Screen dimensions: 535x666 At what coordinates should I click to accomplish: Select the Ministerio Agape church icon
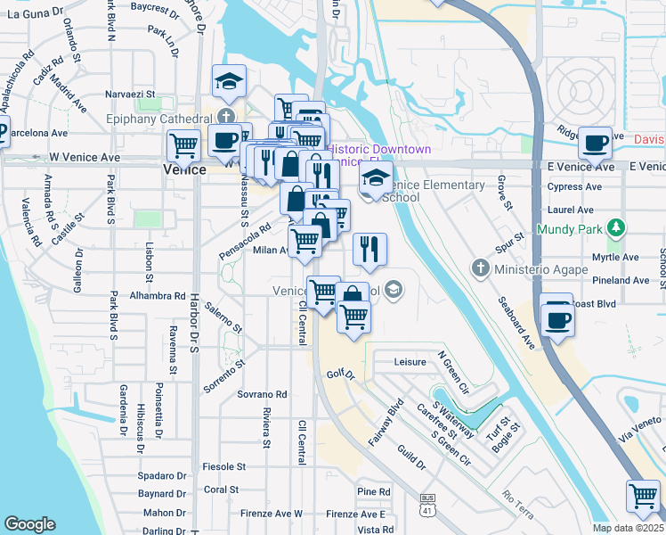click(481, 268)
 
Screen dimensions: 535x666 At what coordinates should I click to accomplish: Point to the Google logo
click(29, 524)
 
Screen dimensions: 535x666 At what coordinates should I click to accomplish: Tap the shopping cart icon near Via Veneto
click(643, 496)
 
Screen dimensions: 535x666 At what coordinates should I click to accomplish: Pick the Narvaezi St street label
click(131, 93)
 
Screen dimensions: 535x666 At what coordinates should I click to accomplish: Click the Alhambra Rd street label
click(157, 295)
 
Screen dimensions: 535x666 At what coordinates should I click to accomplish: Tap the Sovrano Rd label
click(262, 394)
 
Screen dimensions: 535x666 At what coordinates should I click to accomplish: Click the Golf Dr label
click(340, 376)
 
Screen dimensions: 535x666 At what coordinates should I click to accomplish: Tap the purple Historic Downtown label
click(380, 150)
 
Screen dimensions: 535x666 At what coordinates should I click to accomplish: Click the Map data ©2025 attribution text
click(629, 528)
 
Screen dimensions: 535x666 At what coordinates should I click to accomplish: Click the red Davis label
click(649, 140)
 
